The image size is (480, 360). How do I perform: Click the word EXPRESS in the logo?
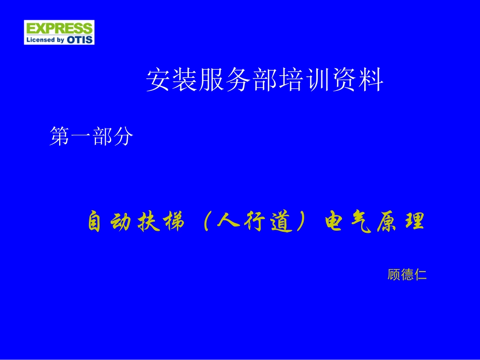point(59,28)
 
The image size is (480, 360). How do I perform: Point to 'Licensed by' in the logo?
point(46,39)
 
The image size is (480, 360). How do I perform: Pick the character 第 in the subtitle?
point(60,137)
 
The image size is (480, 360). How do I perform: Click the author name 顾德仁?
point(407,275)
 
